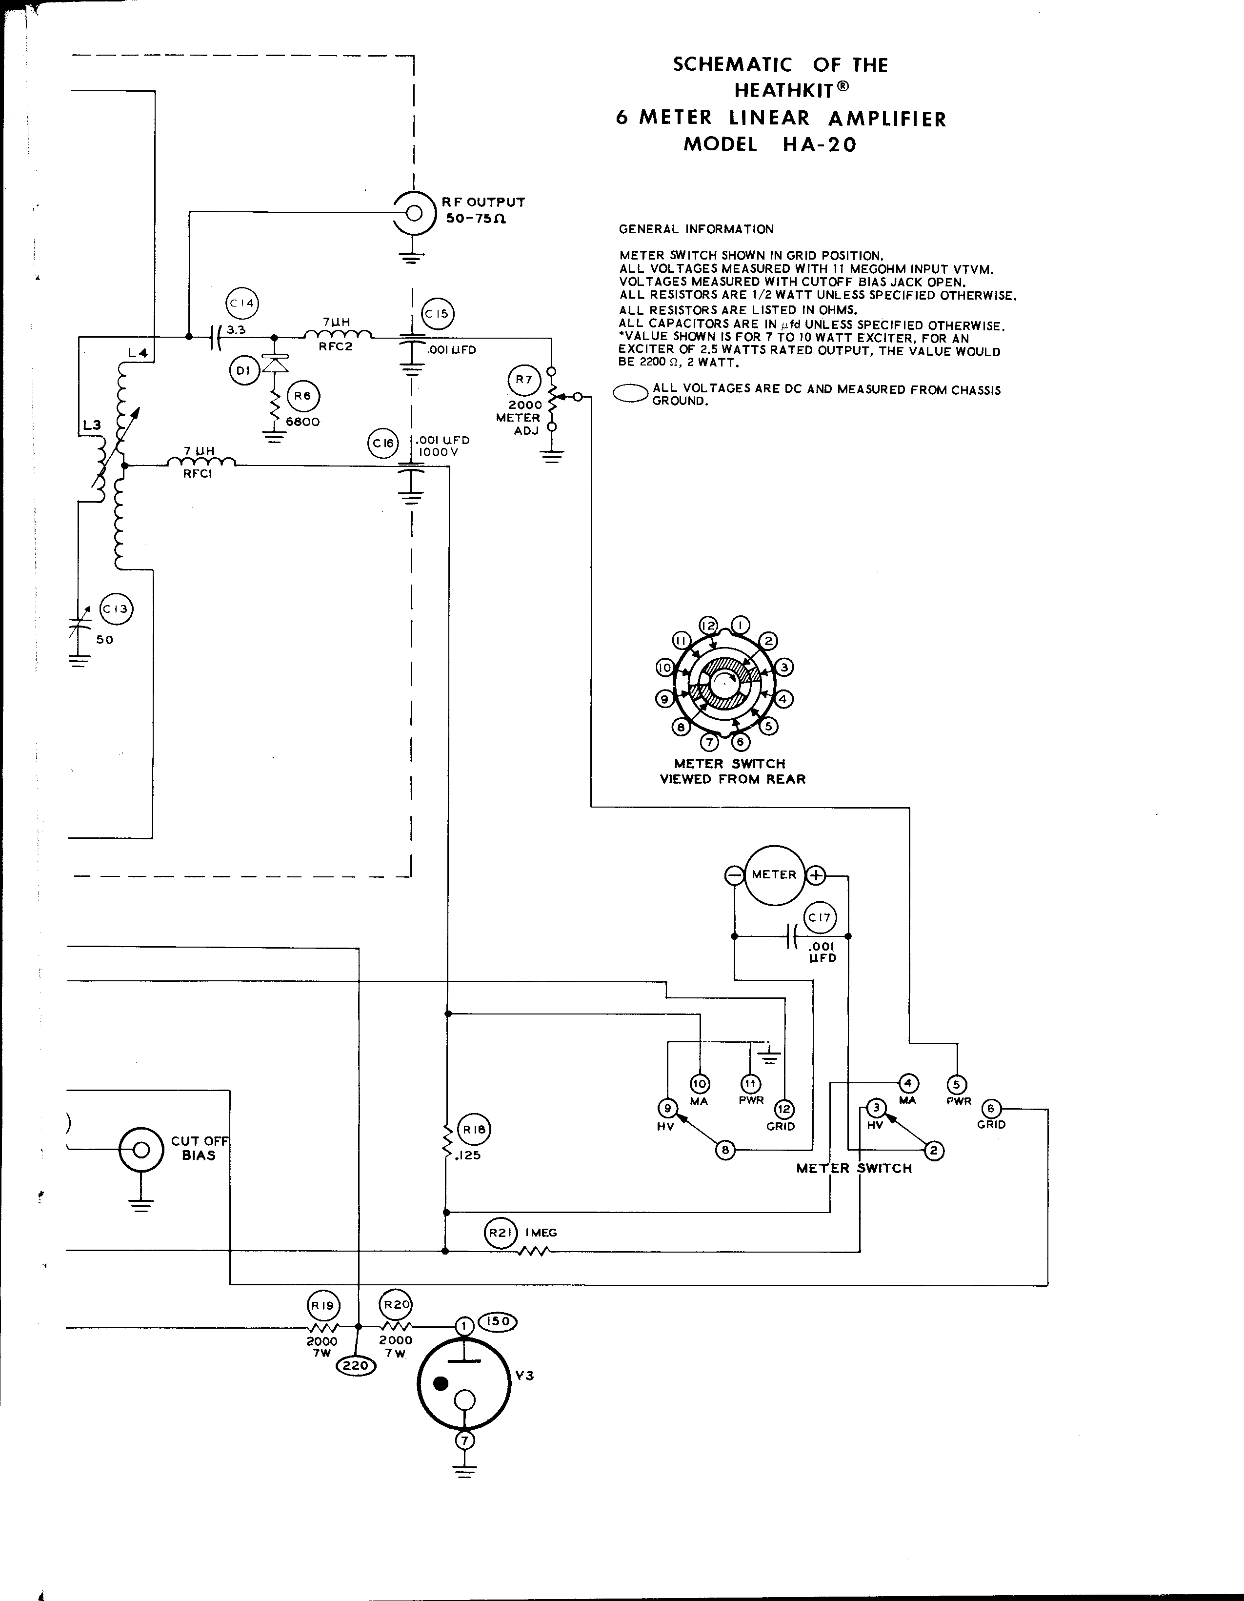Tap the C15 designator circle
437,314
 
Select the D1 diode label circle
244,371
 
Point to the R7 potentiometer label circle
523,380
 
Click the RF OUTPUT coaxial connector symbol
413,213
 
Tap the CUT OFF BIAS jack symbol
141,1150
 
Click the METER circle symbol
774,874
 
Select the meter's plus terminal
816,874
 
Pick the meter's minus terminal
734,874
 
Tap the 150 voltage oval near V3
498,1322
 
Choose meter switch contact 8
725,1150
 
